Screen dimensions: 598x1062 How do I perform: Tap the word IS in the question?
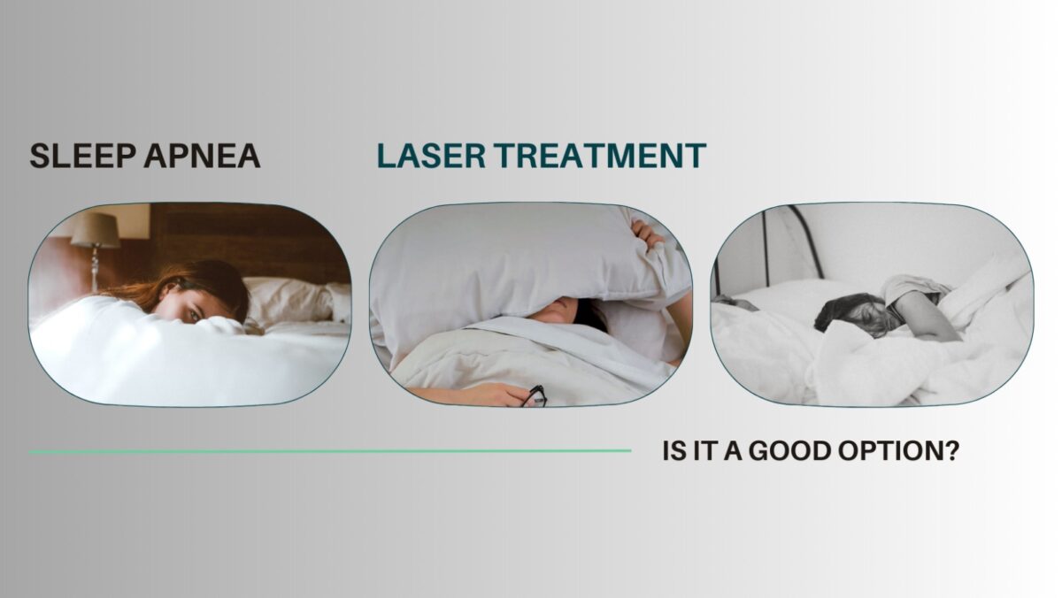coord(673,451)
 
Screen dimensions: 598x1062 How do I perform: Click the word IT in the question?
coord(704,451)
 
